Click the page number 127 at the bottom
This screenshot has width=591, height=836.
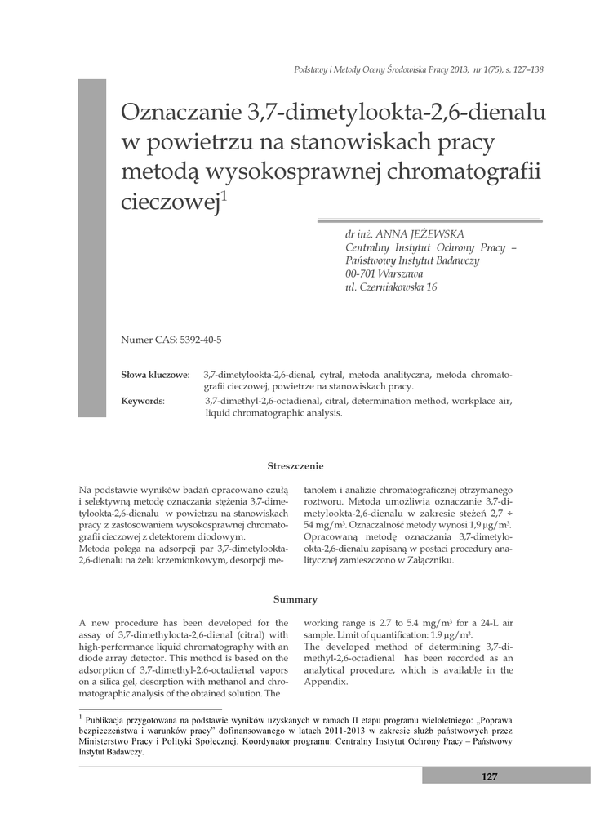(x=489, y=776)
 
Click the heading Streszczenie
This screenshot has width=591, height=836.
(x=295, y=466)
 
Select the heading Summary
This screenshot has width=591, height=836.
(x=295, y=599)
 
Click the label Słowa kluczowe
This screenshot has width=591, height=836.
(x=154, y=374)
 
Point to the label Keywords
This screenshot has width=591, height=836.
(x=142, y=401)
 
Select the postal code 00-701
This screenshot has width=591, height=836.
(x=361, y=273)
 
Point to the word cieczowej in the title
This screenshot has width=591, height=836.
(x=170, y=202)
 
